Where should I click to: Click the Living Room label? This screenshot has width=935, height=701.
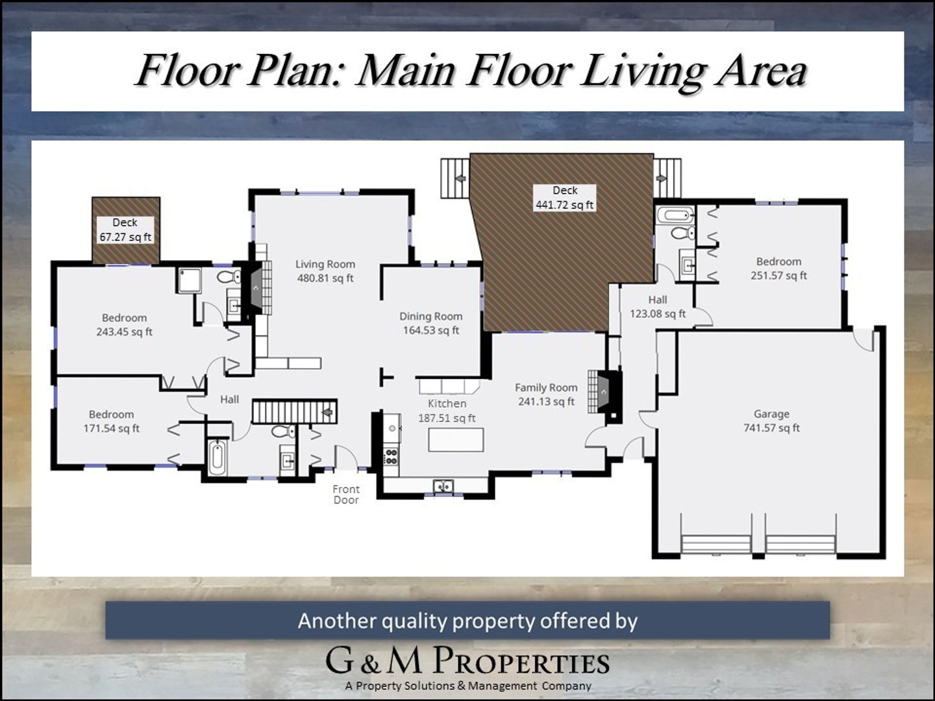(x=325, y=264)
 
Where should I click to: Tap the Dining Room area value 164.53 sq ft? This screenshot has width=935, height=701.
(x=431, y=330)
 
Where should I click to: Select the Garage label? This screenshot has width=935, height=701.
(x=771, y=413)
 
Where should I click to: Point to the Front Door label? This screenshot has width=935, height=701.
(x=346, y=495)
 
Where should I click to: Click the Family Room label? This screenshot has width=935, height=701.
(x=546, y=387)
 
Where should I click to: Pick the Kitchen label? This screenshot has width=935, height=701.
(x=447, y=404)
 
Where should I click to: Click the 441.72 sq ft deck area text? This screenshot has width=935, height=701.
(x=564, y=205)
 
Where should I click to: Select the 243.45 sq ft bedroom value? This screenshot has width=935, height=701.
(x=125, y=332)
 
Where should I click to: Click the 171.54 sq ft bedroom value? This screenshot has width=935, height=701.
(x=112, y=428)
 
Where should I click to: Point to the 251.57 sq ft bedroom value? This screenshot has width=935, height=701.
(x=779, y=276)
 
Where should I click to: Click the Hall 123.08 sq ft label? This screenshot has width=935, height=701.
(x=658, y=307)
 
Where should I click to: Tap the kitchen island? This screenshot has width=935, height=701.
(x=456, y=439)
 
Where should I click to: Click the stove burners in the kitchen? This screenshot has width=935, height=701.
(x=391, y=456)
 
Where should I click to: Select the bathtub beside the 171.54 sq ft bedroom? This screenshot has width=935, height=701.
(x=217, y=458)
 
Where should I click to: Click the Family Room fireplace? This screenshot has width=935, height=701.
(x=604, y=391)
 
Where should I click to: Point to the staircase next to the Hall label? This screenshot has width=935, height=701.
(x=295, y=411)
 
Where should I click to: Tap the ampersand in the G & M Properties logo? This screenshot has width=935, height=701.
(x=370, y=666)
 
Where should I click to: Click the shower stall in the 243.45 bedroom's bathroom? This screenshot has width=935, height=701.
(x=190, y=280)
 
